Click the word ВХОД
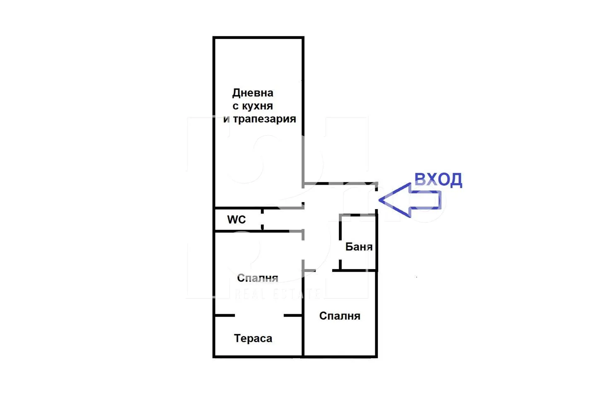click(x=438, y=180)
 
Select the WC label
click(x=237, y=219)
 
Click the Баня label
click(x=359, y=247)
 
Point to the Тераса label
click(x=253, y=338)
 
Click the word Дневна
click(x=253, y=93)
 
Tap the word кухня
click(x=257, y=106)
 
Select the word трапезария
click(x=264, y=119)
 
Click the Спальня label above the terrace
click(x=257, y=278)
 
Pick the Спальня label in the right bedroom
click(x=340, y=316)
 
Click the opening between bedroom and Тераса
click(x=259, y=315)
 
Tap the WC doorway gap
click(x=263, y=219)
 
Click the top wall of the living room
click(x=258, y=38)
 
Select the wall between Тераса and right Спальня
click(x=303, y=335)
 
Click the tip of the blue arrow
click(x=380, y=200)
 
